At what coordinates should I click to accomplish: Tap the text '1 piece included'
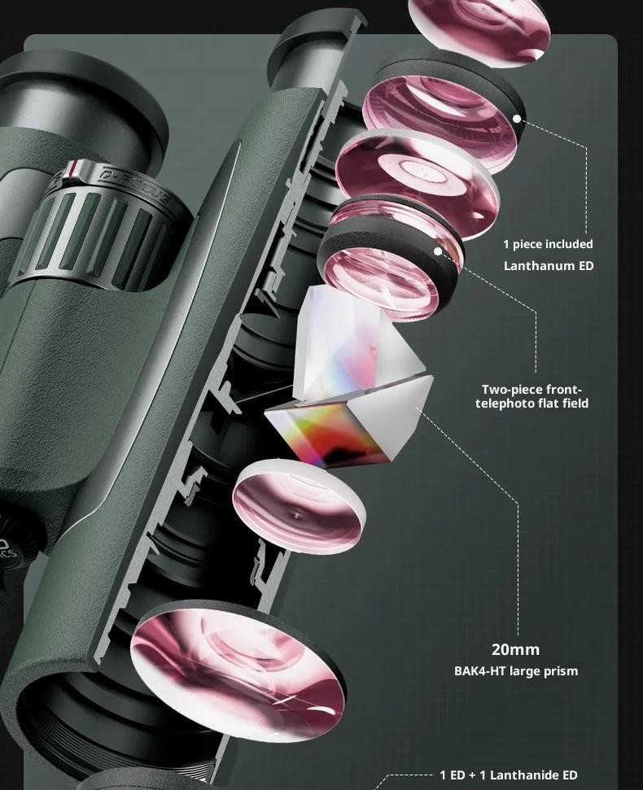[x=549, y=244]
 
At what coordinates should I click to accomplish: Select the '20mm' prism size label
[x=515, y=649]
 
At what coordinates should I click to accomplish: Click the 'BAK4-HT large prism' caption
[x=516, y=671]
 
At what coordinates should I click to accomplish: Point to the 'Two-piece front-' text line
[x=531, y=390]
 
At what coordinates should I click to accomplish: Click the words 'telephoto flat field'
[x=531, y=403]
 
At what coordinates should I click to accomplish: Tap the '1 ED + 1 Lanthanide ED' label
[x=509, y=775]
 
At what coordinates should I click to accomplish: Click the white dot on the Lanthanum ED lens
[x=517, y=119]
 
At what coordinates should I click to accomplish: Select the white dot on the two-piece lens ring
[x=437, y=251]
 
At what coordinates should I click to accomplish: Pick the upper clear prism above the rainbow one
[x=352, y=343]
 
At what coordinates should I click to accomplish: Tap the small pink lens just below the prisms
[x=299, y=506]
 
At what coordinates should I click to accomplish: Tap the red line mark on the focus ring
[x=74, y=168]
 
